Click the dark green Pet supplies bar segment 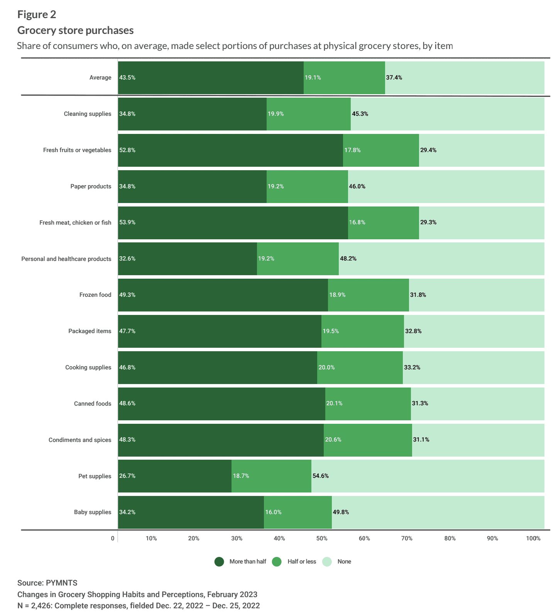tap(175, 476)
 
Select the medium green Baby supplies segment tap(298, 512)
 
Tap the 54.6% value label tap(321, 476)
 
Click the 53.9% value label tap(127, 222)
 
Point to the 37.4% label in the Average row tap(394, 78)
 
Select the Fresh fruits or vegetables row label tap(77, 150)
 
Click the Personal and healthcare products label tap(66, 259)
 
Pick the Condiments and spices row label tap(80, 440)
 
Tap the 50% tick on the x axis tap(322, 538)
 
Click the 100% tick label tap(533, 538)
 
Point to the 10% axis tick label tap(151, 538)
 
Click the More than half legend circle tap(219, 562)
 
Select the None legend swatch tap(327, 562)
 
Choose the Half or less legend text tap(302, 562)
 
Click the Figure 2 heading tap(37, 15)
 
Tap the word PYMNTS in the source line tap(62, 583)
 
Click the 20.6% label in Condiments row tap(333, 440)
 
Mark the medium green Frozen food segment tap(368, 295)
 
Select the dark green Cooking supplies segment tap(218, 367)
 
